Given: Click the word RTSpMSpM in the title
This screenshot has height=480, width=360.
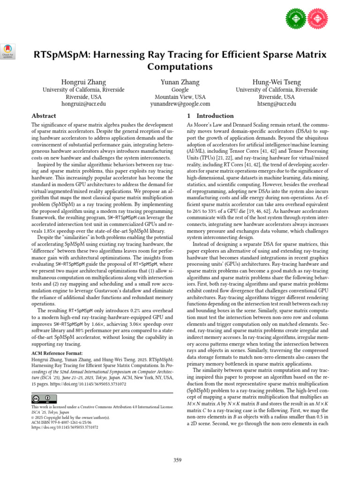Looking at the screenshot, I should click(x=60, y=55).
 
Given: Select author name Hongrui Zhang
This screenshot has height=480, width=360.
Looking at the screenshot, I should click(x=84, y=82).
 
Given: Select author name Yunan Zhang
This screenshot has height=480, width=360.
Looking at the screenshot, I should click(x=180, y=82).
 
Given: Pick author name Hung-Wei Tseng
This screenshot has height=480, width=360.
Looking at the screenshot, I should click(x=277, y=82).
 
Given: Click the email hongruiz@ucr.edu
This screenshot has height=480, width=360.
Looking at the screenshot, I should click(x=84, y=104).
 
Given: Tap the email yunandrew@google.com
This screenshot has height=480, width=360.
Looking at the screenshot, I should click(x=180, y=104).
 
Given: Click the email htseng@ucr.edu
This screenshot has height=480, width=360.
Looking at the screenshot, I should click(x=277, y=104).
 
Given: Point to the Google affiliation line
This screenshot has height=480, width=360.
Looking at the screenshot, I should click(x=180, y=90).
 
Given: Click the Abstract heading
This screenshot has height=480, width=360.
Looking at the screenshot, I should click(x=44, y=116).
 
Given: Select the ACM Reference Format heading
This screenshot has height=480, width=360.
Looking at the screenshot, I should click(x=57, y=353).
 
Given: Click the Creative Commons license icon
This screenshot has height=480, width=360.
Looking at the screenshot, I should click(x=41, y=398).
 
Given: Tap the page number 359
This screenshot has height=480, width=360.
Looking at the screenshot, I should click(x=177, y=460).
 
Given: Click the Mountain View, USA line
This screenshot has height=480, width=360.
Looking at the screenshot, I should click(x=180, y=97).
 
